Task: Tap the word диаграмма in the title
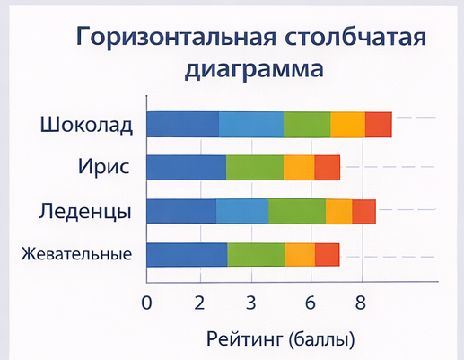pos(254,70)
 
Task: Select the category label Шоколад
pos(86,125)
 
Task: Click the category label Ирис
pos(104,168)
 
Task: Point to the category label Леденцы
pos(86,212)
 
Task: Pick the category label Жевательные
pos(77,254)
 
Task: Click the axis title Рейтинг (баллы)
pos(281,339)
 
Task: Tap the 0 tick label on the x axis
pos(146,303)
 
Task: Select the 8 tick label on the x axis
pos(360,303)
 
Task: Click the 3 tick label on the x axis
pos(251,303)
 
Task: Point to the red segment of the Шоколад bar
pos(379,125)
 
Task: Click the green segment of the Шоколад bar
pos(307,125)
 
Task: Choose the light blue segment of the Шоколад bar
pos(251,125)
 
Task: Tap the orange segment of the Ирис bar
pos(299,168)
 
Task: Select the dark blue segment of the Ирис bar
pos(186,168)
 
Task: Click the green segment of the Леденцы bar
pos(297,211)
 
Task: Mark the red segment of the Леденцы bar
pos(363,211)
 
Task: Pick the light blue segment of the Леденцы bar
pos(242,211)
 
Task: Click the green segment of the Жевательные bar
pos(257,255)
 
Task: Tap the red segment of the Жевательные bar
pos(327,255)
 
